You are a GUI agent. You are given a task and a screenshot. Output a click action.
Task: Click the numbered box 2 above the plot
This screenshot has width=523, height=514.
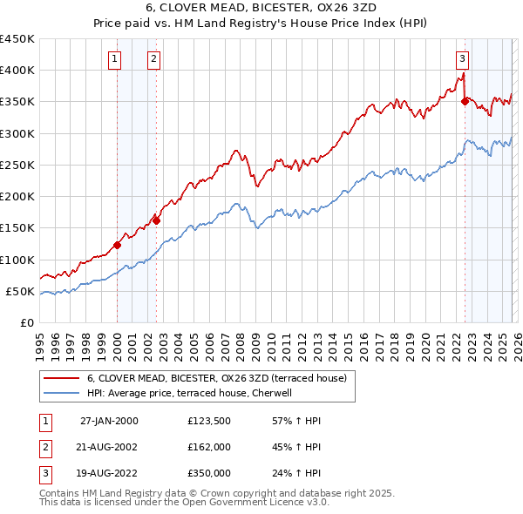pyautogui.click(x=153, y=59)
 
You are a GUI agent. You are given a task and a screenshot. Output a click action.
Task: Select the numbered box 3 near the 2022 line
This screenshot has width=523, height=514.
pyautogui.click(x=461, y=59)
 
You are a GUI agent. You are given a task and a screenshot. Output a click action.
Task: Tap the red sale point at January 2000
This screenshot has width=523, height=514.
pyautogui.click(x=117, y=245)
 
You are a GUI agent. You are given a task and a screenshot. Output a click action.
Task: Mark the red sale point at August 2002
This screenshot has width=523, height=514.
pyautogui.click(x=157, y=220)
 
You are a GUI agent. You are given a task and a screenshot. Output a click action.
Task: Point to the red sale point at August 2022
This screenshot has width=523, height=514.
pyautogui.click(x=465, y=102)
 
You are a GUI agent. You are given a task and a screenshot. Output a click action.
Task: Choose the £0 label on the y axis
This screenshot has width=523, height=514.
pyautogui.click(x=26, y=322)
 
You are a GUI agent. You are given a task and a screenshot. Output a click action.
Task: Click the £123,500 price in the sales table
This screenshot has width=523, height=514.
pyautogui.click(x=209, y=420)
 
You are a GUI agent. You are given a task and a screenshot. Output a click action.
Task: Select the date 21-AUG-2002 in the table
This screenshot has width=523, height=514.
pyautogui.click(x=109, y=447)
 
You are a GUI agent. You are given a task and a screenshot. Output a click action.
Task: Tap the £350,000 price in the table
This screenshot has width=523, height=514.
pyautogui.click(x=209, y=473)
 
